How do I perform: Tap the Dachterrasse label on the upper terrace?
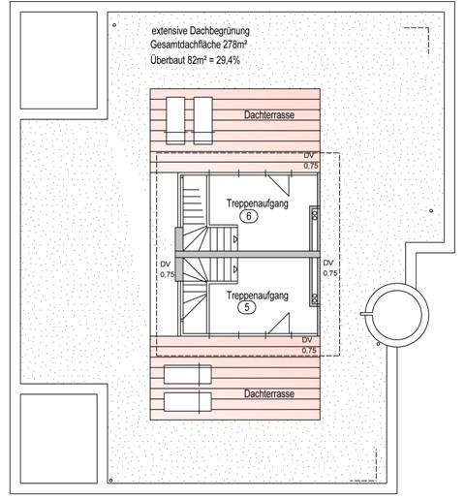(269, 115)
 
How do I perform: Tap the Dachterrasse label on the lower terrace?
(271, 395)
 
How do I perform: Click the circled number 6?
(249, 219)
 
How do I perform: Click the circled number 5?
(249, 308)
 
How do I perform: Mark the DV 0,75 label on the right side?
(328, 268)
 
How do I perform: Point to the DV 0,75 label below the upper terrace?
(310, 161)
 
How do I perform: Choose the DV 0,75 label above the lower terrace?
(308, 345)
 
